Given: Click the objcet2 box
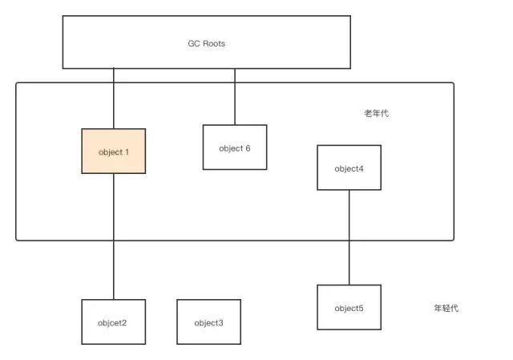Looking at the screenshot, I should tap(114, 333).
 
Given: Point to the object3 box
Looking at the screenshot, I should tap(208, 333).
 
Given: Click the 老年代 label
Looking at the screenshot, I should tap(376, 114).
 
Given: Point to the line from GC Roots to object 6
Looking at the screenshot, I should tap(235, 96).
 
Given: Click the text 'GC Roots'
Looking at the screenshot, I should tap(207, 43).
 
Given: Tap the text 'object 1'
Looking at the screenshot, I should tap(114, 152).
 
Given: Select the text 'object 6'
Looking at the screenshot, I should tap(235, 148).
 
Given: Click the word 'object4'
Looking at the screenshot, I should tap(349, 168).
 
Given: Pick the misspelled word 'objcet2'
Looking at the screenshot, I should tap(114, 323).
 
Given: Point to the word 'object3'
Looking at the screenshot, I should tap(208, 323).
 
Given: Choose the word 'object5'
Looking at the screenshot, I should tap(349, 308).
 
